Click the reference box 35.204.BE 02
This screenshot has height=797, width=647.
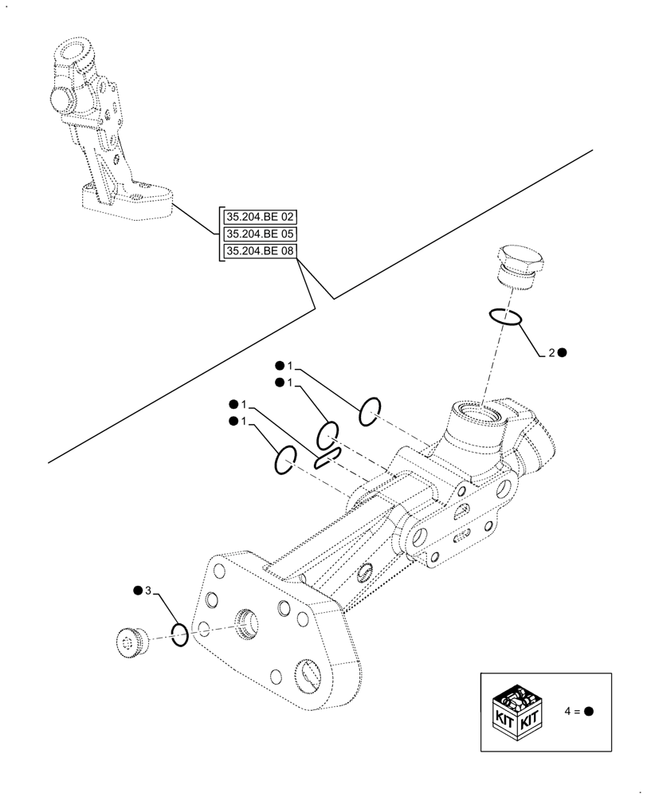[260, 216]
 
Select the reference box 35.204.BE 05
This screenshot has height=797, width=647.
[260, 234]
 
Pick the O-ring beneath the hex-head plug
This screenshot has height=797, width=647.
[506, 317]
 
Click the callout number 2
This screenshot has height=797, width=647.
[551, 352]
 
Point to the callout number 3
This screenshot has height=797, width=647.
[147, 591]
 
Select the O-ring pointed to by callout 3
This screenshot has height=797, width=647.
[180, 635]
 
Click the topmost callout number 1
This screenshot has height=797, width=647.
[290, 366]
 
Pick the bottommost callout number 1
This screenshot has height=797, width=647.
[244, 421]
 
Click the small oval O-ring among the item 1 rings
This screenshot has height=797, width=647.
[327, 458]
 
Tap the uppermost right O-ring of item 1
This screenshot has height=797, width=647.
[369, 412]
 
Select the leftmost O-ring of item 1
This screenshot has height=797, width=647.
[284, 460]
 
